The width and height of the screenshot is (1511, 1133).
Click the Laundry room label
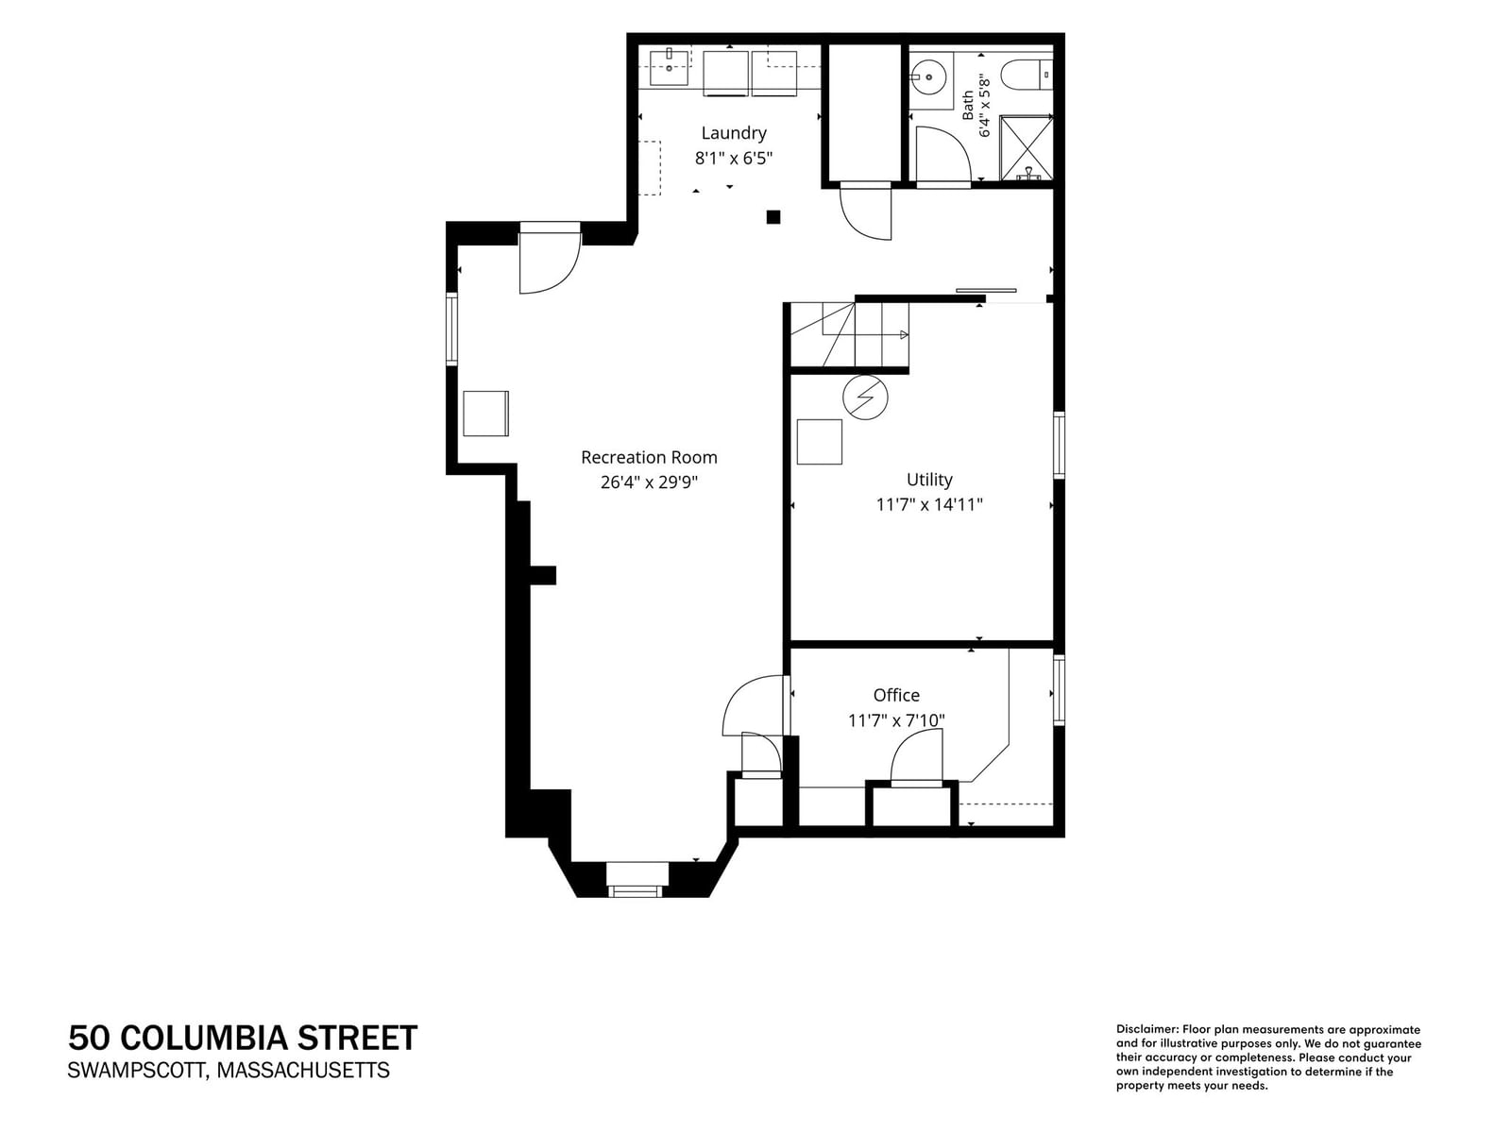pyautogui.click(x=734, y=133)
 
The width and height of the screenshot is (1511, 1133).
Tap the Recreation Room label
pyautogui.click(x=649, y=458)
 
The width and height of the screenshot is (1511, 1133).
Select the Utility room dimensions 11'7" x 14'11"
pyautogui.click(x=929, y=505)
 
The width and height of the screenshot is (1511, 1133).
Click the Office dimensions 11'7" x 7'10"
pyautogui.click(x=896, y=720)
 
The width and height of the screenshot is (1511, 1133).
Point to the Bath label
pyautogui.click(x=968, y=105)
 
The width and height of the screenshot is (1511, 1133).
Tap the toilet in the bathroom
pyautogui.click(x=1027, y=75)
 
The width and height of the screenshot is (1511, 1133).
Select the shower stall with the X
pyautogui.click(x=1027, y=148)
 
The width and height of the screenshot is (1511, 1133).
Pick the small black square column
pyautogui.click(x=773, y=217)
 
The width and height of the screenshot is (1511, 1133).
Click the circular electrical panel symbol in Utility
pyautogui.click(x=865, y=397)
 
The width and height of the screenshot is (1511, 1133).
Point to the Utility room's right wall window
pyautogui.click(x=1060, y=445)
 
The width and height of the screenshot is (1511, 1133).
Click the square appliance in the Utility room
pyautogui.click(x=819, y=442)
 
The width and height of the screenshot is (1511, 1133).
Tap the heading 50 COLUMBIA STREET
pyautogui.click(x=243, y=1038)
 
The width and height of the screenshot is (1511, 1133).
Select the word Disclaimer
pyautogui.click(x=1146, y=1030)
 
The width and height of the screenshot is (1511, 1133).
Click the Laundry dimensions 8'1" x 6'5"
pyautogui.click(x=734, y=159)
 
